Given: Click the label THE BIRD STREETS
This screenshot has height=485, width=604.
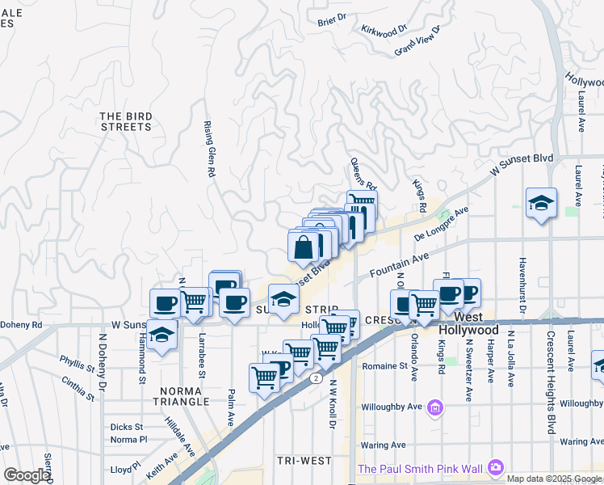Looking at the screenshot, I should click(126, 121).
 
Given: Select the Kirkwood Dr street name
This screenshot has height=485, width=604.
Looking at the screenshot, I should click(380, 31).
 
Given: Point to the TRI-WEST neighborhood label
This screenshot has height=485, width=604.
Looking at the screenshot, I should click(304, 461).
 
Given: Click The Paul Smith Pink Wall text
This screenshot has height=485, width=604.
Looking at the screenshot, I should click(420, 468).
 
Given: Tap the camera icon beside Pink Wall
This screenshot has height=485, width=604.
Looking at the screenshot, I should click(495, 467).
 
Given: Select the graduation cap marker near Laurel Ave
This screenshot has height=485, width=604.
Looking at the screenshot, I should click(541, 204).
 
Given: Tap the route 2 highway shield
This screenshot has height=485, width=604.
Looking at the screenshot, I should click(315, 377).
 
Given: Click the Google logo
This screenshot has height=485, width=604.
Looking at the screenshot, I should click(26, 475).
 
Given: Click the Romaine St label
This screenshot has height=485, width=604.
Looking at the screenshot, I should click(384, 366).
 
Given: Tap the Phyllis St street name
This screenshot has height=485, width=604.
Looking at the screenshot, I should click(78, 364).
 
